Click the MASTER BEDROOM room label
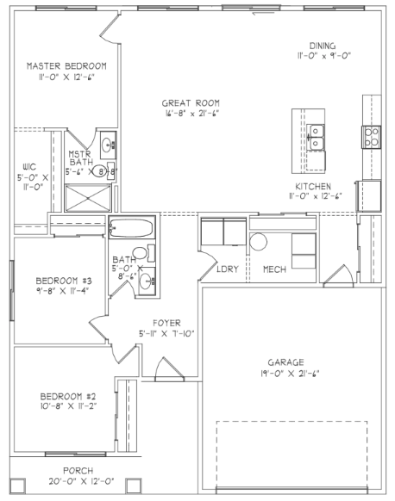(66, 65)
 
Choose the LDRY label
(228, 269)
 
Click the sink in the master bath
(106, 144)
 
